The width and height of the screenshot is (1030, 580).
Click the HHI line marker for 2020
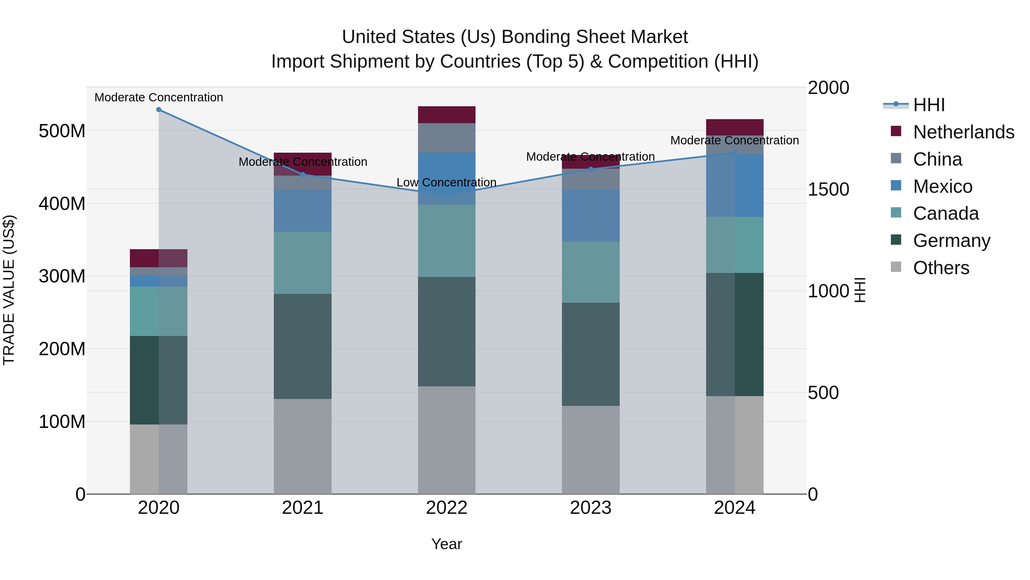pos(159,110)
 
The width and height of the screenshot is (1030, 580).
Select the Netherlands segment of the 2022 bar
pos(447,115)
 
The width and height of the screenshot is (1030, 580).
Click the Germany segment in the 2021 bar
pos(303,346)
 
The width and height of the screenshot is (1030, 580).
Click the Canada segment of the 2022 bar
pos(447,241)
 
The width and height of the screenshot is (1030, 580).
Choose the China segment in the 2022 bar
pos(447,138)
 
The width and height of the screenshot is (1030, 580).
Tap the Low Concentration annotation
pos(446,182)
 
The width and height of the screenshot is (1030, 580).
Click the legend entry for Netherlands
pos(963,132)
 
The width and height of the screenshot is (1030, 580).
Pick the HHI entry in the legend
pos(928,105)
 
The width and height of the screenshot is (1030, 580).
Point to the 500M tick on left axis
pos(62,131)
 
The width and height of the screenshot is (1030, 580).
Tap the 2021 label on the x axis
pos(303,508)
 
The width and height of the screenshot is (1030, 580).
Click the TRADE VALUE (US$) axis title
pos(9,290)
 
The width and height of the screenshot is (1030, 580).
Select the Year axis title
pos(447,544)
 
